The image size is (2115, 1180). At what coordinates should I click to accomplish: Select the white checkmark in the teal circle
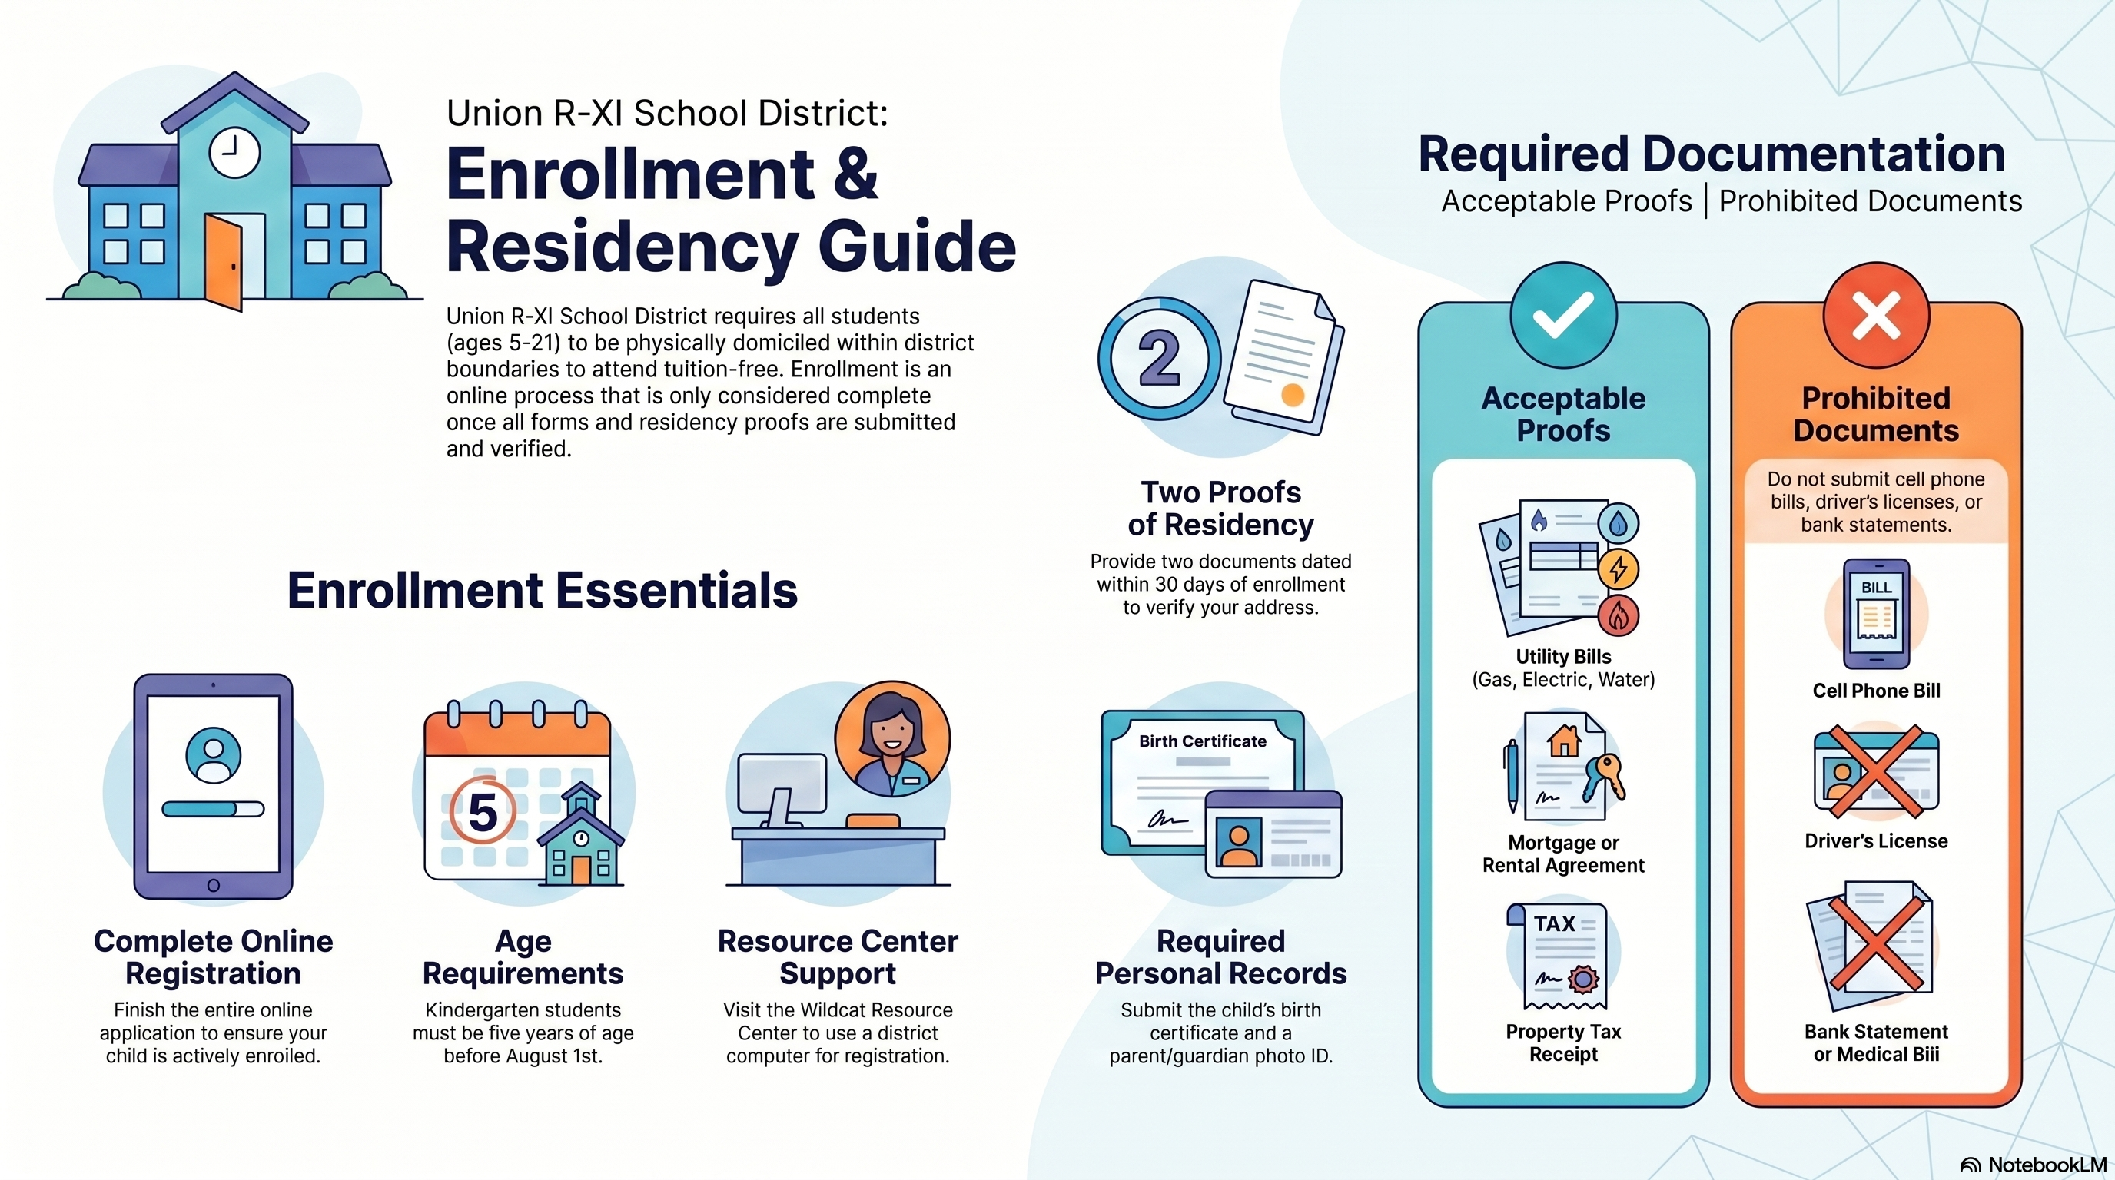coord(1563,314)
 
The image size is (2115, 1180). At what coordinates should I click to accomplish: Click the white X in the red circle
coord(1876,315)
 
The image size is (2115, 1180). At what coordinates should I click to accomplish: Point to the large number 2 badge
coord(1159,359)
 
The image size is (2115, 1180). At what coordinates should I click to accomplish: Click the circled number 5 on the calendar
coord(483,810)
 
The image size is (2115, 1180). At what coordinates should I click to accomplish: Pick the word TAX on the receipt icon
coord(1554,924)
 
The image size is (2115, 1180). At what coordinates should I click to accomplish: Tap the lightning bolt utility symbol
coord(1619,568)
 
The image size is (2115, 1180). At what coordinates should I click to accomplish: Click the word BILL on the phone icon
coord(1876,588)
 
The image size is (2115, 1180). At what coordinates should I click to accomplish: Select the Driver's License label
coord(1876,841)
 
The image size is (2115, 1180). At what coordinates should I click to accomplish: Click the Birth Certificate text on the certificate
coord(1202,741)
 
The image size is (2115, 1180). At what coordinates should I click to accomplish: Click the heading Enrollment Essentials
coord(542,590)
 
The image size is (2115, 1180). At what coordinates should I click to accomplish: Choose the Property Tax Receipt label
coord(1563,1043)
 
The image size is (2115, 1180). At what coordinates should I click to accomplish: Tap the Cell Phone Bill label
coord(1876,691)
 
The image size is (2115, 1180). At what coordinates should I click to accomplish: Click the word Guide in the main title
coord(917,246)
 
